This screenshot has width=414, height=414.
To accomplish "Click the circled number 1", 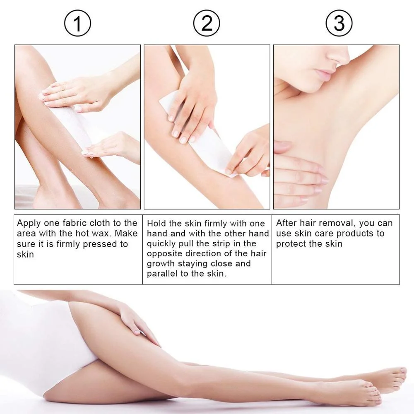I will click(77, 23).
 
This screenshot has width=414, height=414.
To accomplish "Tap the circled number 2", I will click(207, 23).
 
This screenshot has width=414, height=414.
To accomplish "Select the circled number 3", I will click(339, 23).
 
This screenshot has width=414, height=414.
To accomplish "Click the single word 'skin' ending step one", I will click(25, 254).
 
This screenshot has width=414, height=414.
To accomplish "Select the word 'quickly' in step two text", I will click(161, 244).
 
